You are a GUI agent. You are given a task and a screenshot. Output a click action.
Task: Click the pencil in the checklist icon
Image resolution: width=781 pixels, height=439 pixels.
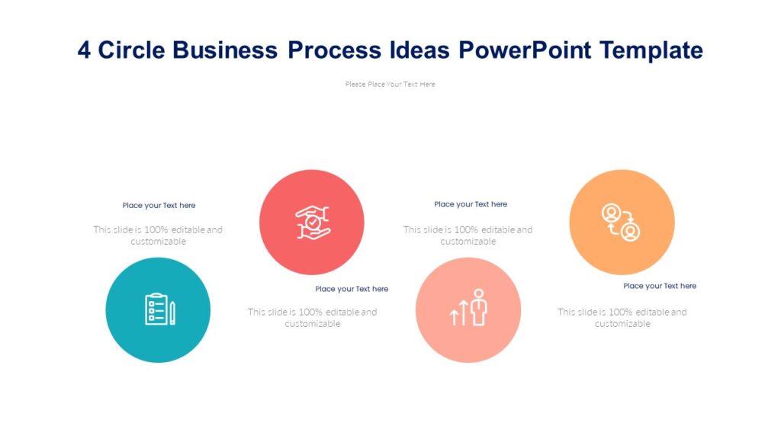(173, 313)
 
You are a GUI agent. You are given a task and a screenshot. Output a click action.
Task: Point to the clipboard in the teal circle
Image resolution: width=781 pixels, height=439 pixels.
(156, 309)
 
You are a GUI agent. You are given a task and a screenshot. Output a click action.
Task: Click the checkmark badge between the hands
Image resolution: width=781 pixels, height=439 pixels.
(313, 223)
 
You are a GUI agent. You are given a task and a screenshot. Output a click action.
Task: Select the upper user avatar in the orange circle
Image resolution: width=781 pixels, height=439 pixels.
(611, 213)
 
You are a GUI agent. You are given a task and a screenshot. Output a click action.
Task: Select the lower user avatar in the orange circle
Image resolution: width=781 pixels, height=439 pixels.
(631, 231)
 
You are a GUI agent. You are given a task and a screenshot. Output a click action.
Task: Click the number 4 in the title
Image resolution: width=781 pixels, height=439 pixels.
(84, 50)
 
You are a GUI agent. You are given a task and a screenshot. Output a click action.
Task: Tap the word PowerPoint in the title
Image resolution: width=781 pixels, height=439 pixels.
(525, 50)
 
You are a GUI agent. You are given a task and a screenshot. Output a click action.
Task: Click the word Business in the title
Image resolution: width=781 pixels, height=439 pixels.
(225, 50)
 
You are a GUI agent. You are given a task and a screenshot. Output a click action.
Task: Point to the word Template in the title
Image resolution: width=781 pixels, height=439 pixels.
(651, 50)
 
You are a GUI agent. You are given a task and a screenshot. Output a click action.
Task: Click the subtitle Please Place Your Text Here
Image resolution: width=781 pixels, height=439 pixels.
(390, 85)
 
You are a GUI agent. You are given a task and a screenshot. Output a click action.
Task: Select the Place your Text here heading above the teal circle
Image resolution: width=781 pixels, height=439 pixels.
(159, 206)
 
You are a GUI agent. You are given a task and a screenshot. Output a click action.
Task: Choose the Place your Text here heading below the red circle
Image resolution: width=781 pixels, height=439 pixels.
(352, 289)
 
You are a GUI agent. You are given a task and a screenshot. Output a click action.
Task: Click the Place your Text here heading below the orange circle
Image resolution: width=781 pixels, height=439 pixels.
(660, 286)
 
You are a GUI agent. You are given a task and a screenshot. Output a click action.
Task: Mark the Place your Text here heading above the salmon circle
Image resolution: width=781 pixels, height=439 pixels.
(471, 204)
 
